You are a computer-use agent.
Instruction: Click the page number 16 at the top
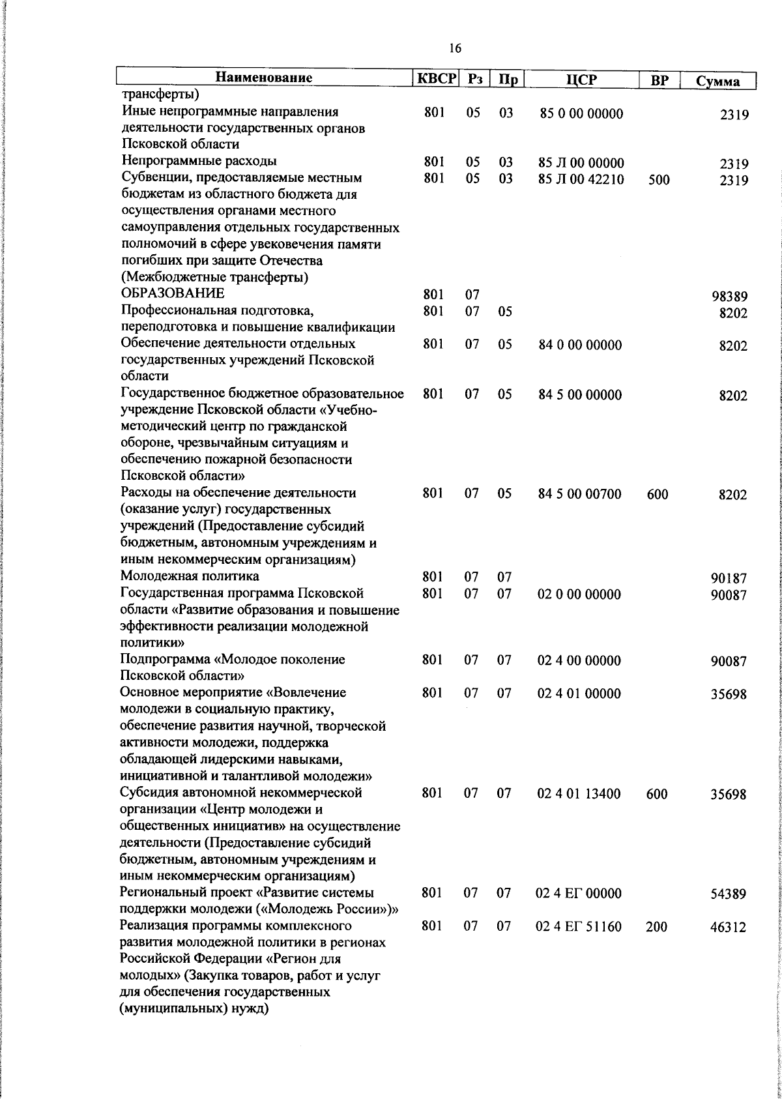point(455,48)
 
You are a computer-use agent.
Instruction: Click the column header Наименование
point(264,78)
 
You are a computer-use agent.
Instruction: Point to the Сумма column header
point(717,81)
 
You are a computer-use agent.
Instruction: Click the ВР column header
point(659,80)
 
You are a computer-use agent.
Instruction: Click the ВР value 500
point(659,180)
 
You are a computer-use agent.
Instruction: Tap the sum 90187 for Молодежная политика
point(729,578)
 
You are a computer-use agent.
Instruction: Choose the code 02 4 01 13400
point(579,794)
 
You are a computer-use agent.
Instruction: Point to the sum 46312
point(729,928)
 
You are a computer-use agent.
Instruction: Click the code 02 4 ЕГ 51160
point(578,926)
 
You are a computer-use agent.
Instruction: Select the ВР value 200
point(656,927)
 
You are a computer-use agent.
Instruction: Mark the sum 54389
point(729,894)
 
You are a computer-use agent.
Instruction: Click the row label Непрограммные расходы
point(199,161)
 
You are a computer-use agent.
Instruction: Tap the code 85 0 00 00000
point(581,113)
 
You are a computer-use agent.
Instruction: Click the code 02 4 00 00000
point(579,660)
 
